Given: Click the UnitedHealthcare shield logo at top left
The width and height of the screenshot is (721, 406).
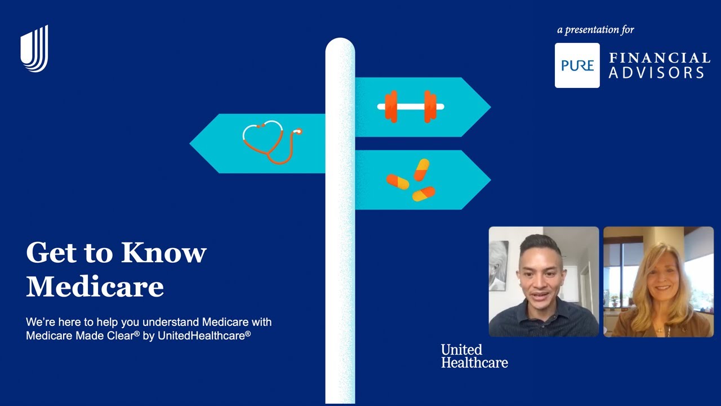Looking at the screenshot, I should pyautogui.click(x=34, y=49).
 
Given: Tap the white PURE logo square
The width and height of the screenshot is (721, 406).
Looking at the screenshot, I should pyautogui.click(x=577, y=65).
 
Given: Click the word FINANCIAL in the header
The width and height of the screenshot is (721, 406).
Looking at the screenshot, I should pyautogui.click(x=659, y=58).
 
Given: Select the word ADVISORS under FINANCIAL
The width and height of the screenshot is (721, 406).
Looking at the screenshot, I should pyautogui.click(x=656, y=73).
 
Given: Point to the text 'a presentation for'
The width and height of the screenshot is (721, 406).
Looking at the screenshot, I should pyautogui.click(x=595, y=30).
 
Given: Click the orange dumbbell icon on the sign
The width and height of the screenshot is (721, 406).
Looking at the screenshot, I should pyautogui.click(x=411, y=107).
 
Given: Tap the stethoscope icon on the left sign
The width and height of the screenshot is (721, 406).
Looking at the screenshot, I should pyautogui.click(x=271, y=142).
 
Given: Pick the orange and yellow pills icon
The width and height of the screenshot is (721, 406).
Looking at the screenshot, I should pyautogui.click(x=412, y=180).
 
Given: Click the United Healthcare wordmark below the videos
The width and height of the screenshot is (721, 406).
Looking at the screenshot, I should pyautogui.click(x=474, y=356).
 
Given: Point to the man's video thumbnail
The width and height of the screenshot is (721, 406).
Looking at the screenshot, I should pyautogui.click(x=544, y=282).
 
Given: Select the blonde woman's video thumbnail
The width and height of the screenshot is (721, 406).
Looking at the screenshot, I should pyautogui.click(x=658, y=282).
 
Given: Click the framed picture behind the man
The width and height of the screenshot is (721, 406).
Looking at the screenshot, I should pyautogui.click(x=499, y=265).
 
